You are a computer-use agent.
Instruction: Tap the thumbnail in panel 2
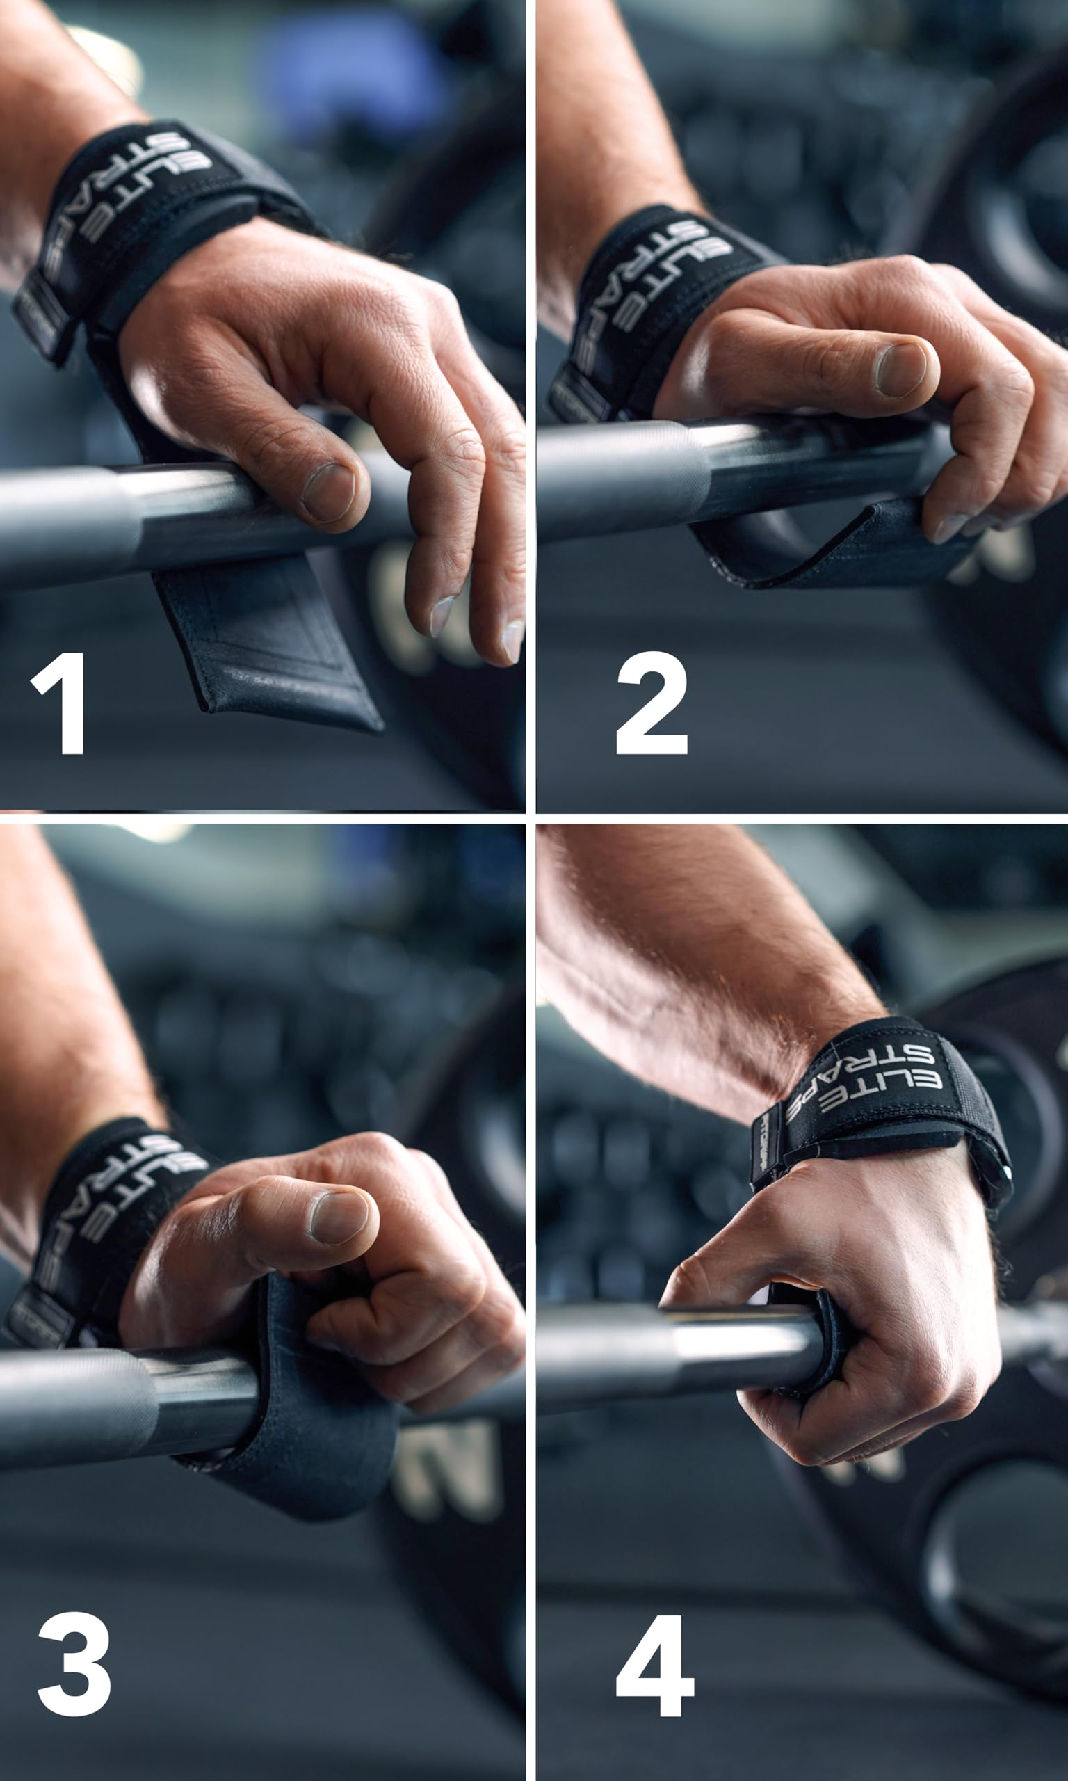901,369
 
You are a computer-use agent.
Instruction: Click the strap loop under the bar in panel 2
827,551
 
